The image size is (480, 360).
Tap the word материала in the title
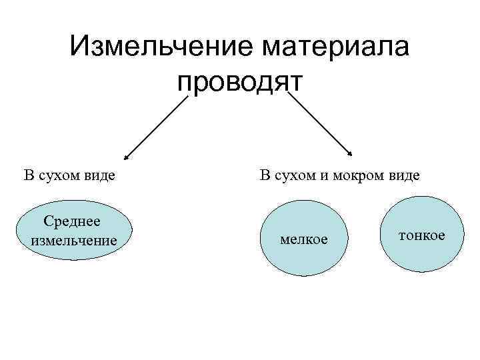pos(337,48)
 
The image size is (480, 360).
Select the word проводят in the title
pos(240,82)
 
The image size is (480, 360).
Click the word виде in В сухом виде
pos(99,176)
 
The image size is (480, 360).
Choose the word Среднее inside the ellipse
pos(71,221)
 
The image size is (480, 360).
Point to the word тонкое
pos(422,236)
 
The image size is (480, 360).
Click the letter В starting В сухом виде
pos(28,176)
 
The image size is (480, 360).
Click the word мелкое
pos(304,239)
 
